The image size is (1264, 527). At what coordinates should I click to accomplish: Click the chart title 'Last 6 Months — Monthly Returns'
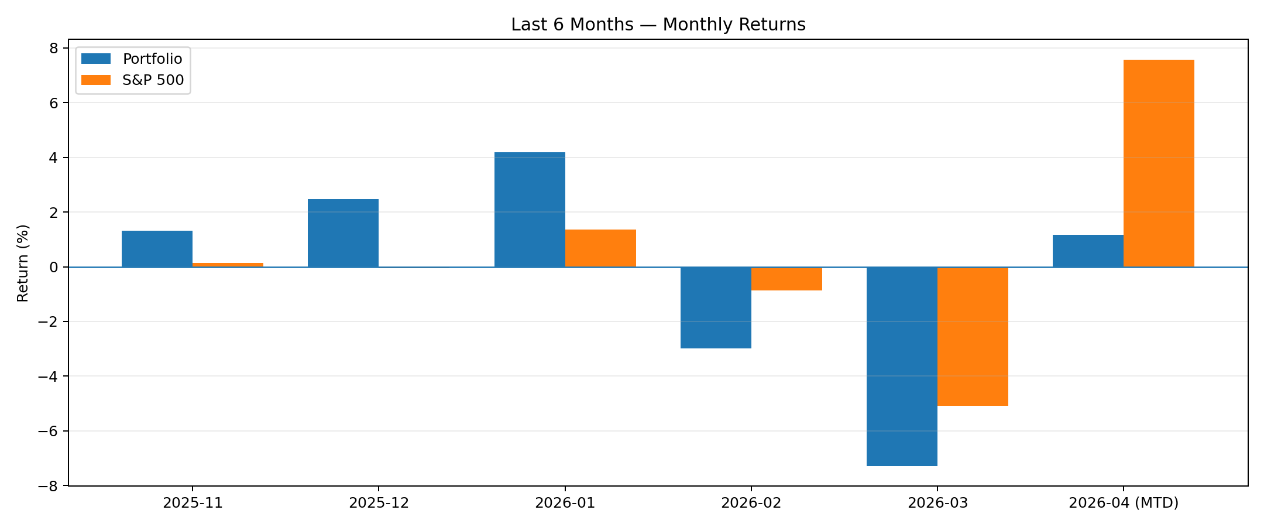658,25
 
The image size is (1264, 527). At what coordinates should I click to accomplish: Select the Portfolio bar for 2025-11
157,249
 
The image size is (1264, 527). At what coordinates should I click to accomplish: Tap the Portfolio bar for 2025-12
343,233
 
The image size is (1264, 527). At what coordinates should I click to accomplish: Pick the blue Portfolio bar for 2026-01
530,210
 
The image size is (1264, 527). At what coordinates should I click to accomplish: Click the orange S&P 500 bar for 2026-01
600,248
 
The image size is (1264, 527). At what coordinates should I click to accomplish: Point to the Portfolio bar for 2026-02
716,307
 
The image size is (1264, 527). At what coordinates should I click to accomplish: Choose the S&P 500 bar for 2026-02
786,279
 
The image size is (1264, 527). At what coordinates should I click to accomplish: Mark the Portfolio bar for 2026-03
902,366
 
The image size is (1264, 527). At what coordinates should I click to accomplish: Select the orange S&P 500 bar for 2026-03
973,336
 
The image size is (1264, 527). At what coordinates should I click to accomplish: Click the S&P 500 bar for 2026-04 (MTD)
1159,163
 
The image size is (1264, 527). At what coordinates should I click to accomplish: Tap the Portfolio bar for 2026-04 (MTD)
1088,251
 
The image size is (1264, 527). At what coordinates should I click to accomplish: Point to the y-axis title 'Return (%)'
23,263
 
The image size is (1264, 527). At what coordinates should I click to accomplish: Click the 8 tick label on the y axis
54,48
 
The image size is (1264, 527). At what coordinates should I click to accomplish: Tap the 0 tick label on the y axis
54,267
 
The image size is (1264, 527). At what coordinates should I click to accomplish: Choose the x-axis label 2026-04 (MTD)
1124,503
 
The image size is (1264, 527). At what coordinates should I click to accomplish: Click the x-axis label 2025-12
379,503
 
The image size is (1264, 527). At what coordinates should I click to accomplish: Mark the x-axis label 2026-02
751,503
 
